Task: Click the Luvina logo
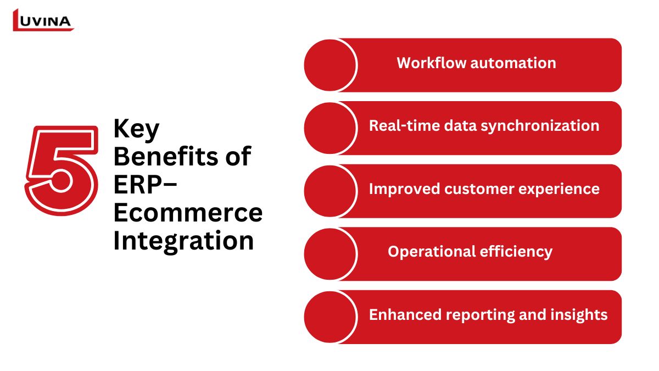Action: coord(43,20)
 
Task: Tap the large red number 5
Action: coord(62,170)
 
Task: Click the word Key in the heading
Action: coord(137,129)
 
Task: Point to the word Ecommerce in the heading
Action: coord(188,213)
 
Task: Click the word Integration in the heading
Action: coord(183,241)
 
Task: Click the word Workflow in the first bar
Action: coord(431,63)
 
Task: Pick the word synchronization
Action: coord(540,126)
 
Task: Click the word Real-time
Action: coord(405,126)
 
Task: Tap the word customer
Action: coord(479,189)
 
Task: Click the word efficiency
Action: coord(516,252)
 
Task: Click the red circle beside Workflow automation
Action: coord(330,65)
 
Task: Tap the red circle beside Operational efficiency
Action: coord(330,254)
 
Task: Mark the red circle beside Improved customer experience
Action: coord(330,191)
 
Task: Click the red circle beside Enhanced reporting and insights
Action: coord(330,317)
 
